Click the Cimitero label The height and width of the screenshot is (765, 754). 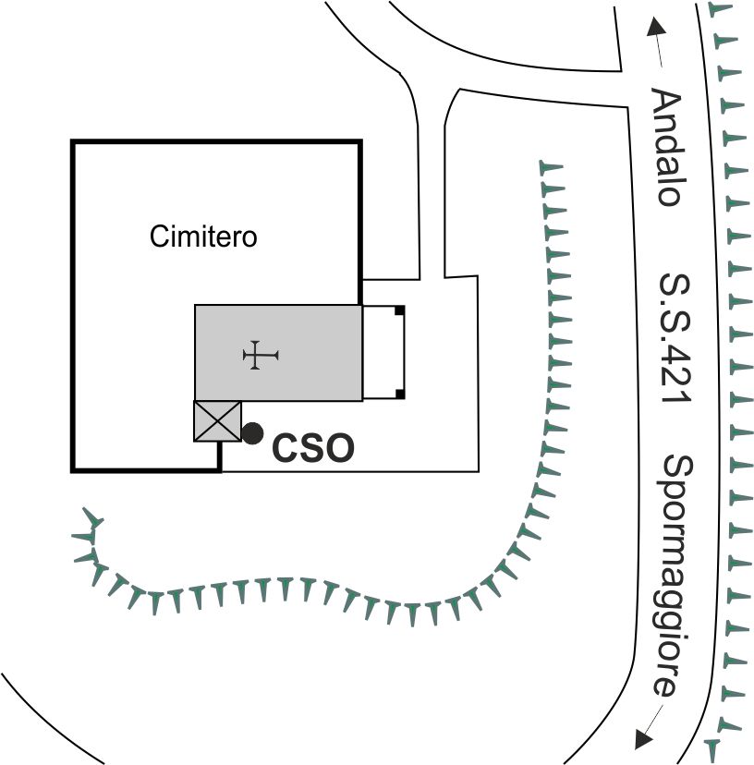coord(203,237)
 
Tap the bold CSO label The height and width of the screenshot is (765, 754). coord(313,448)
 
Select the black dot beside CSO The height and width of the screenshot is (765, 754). coord(252,433)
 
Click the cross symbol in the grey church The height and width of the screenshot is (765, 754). coord(261,355)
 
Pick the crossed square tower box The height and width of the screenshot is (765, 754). coord(218,421)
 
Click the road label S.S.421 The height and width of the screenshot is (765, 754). coord(675,338)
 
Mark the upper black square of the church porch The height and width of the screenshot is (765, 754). coord(400,310)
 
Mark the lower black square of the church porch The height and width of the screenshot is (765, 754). coord(400,395)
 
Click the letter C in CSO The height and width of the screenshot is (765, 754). coord(285,448)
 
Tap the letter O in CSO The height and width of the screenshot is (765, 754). coord(340,448)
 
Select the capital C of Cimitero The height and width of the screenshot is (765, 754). coord(159,237)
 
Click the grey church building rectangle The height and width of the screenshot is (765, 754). coord(279,353)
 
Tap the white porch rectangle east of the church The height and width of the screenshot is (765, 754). coord(383,352)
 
